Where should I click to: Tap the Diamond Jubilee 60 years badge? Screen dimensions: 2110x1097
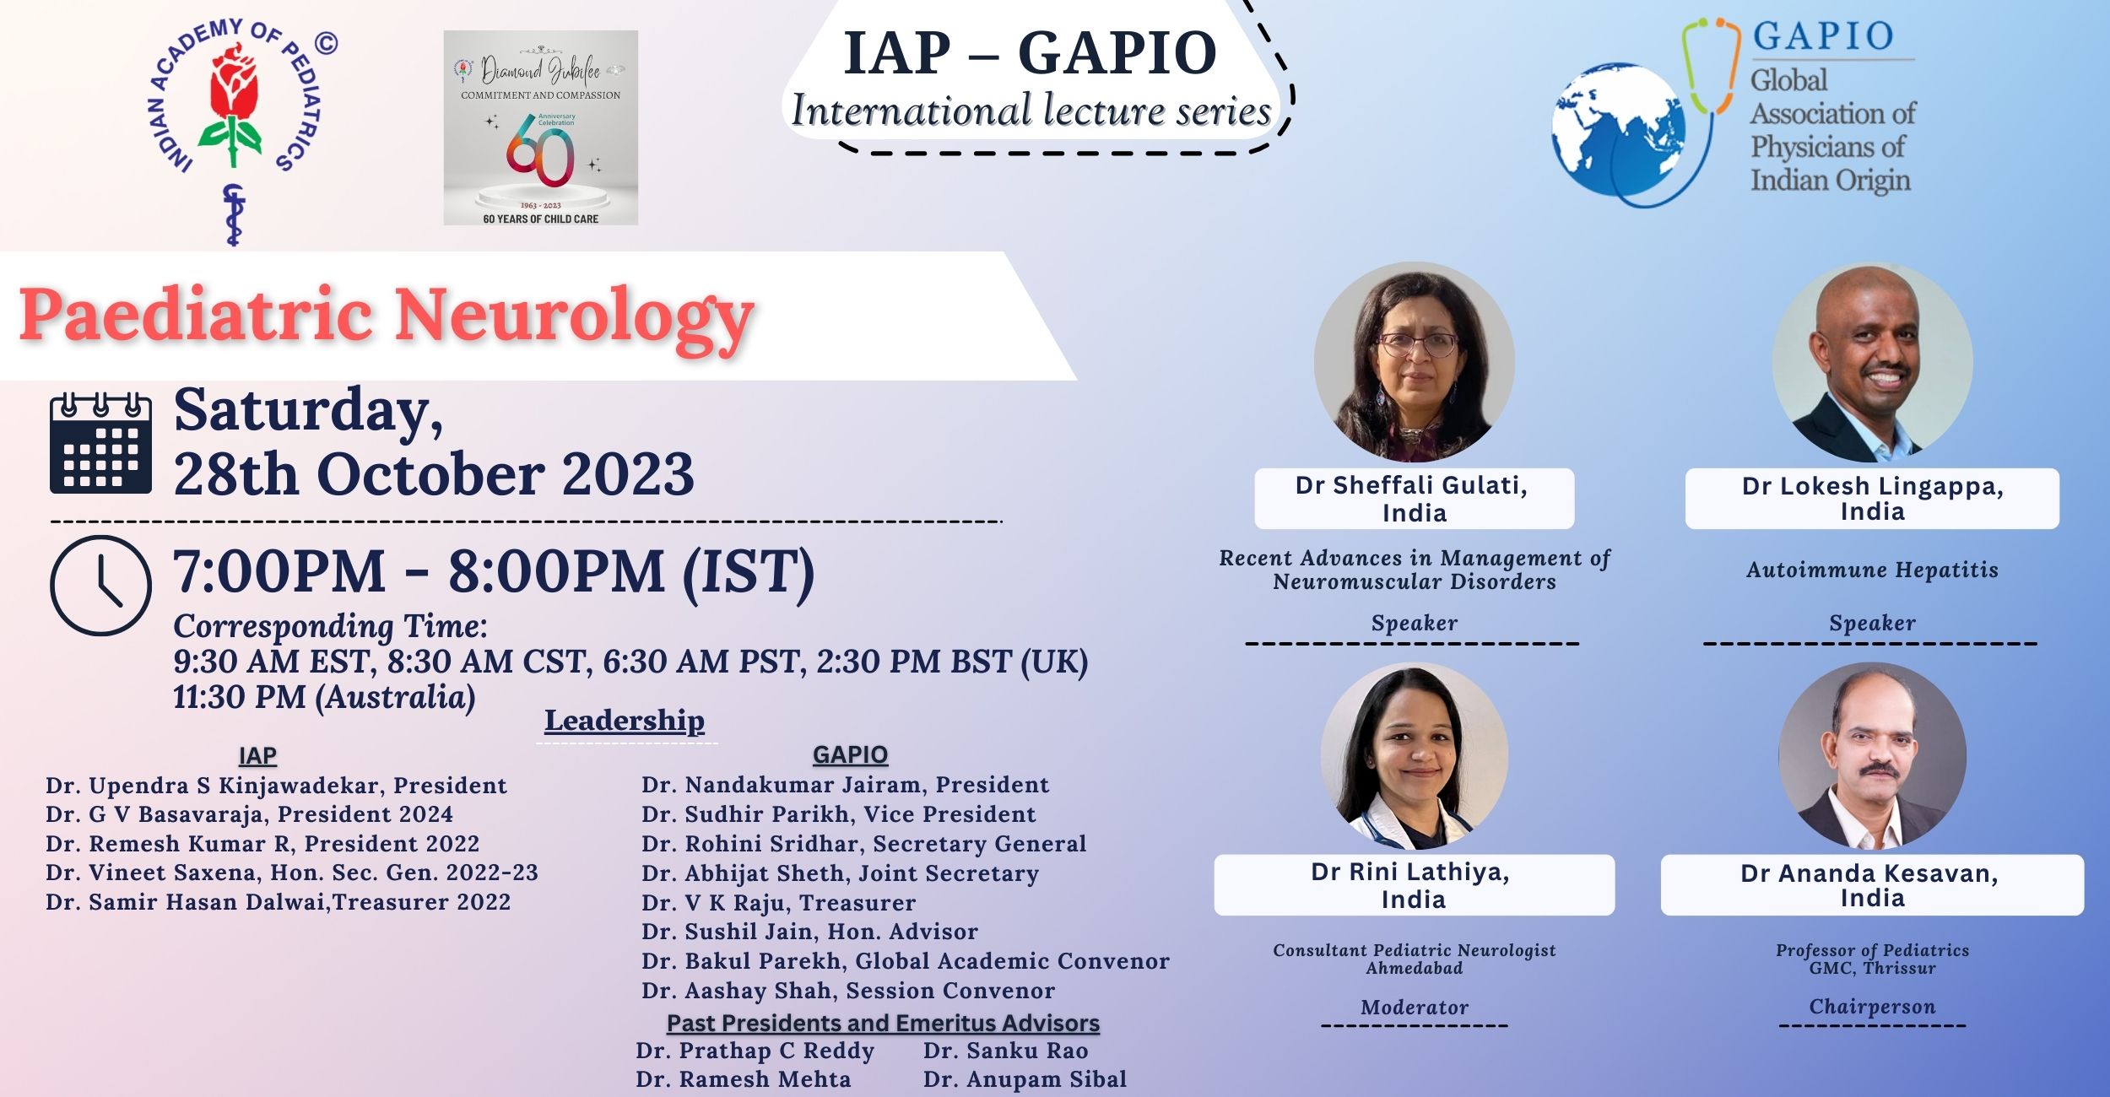point(541,128)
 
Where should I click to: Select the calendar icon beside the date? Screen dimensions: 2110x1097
point(100,443)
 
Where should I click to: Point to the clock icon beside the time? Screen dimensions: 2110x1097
point(100,585)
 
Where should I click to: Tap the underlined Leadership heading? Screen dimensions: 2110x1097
point(625,721)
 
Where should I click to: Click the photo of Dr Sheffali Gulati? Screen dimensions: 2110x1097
point(1414,363)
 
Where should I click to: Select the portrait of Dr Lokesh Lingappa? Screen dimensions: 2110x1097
point(1872,363)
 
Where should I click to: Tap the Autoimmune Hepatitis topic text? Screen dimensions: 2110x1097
point(1872,570)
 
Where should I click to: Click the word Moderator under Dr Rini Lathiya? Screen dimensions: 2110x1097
point(1414,1007)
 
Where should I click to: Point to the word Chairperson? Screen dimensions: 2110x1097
point(1872,1007)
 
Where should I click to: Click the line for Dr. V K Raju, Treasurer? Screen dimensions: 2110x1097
point(778,903)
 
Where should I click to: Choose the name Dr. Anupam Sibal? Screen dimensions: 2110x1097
point(1025,1079)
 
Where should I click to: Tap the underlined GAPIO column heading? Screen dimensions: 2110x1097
point(850,754)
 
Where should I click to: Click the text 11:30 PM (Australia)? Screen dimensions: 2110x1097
point(324,698)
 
